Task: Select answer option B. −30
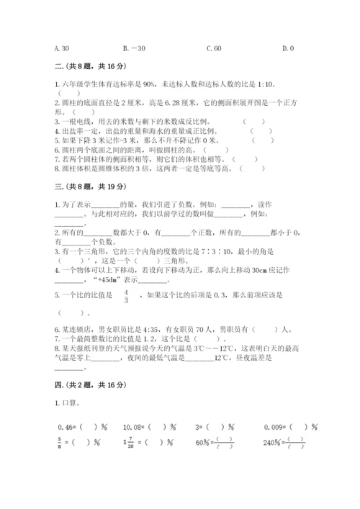[135, 49]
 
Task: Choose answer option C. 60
[214, 49]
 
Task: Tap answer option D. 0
[288, 49]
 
